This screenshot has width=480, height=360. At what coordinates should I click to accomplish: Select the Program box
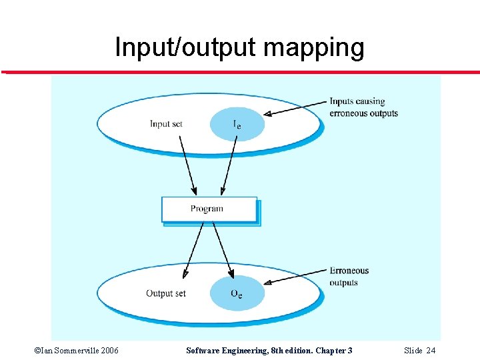click(x=209, y=209)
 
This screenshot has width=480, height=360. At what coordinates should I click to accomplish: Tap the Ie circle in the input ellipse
click(x=237, y=125)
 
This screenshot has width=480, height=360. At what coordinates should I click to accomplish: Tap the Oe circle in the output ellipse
click(x=237, y=294)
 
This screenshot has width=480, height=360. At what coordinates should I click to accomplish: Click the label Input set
click(x=166, y=123)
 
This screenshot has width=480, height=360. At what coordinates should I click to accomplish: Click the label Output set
click(x=166, y=293)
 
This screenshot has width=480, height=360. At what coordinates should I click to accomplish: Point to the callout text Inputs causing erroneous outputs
click(x=363, y=107)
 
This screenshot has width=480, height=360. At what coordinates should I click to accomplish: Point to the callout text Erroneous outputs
click(x=349, y=277)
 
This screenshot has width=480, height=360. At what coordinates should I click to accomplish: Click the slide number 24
click(x=431, y=351)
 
